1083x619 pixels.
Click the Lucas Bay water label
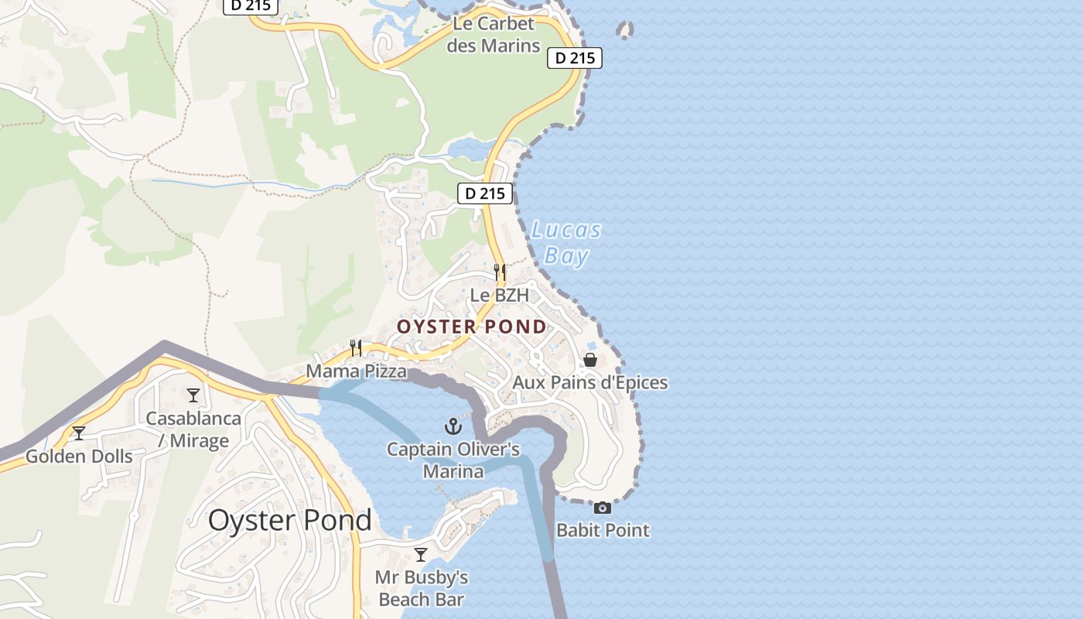[x=566, y=243]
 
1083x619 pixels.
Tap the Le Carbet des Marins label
[x=494, y=35]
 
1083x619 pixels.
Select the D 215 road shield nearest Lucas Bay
[x=485, y=193]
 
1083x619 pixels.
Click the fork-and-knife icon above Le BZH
[x=500, y=272]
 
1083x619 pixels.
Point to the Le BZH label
[x=500, y=296]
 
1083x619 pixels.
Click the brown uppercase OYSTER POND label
[x=472, y=327]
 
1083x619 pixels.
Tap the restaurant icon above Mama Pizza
[x=356, y=347]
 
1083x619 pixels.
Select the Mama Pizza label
[x=356, y=371]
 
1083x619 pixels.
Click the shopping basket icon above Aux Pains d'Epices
[x=590, y=360]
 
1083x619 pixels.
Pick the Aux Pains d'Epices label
[x=590, y=383]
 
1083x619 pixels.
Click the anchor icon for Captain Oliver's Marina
[x=453, y=426]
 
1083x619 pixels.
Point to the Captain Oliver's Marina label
[x=453, y=460]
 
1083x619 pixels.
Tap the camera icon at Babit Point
[x=603, y=508]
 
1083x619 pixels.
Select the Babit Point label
[x=603, y=531]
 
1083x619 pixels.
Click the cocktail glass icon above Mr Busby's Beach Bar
[x=421, y=554]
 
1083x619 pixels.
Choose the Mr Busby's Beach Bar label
[x=422, y=589]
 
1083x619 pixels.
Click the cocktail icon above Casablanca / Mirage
[x=193, y=395]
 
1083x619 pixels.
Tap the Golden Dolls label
[x=79, y=457]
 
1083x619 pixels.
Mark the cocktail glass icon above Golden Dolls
[x=79, y=433]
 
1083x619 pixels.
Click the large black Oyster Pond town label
[x=289, y=521]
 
